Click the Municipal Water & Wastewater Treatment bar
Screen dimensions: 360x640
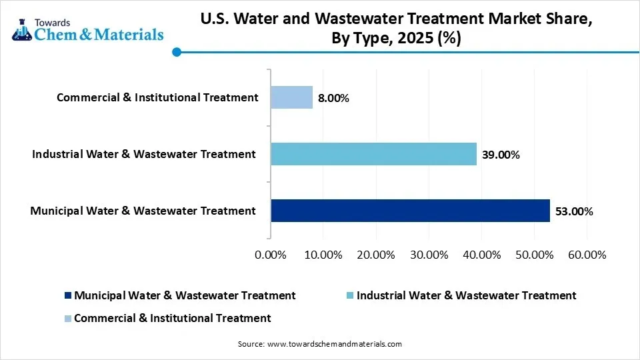[x=410, y=211]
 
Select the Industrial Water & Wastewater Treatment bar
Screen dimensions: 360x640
[x=373, y=154]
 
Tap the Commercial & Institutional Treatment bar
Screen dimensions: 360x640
[x=291, y=97]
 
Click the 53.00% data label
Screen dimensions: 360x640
[x=573, y=212]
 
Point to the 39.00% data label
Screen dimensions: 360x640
[x=500, y=155]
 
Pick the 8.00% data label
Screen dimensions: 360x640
[x=333, y=99]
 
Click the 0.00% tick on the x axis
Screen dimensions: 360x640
[x=270, y=255]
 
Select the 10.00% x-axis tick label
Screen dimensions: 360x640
[x=323, y=255]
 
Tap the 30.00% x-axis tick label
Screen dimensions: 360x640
[x=429, y=255]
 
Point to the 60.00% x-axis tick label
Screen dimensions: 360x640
[x=587, y=255]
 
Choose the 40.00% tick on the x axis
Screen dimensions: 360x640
[x=481, y=255]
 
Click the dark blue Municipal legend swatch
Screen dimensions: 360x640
[x=67, y=295]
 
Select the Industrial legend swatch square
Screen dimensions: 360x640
[x=350, y=295]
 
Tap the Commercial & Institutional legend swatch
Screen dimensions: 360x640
[x=67, y=319]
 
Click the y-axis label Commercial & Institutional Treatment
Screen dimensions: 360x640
[x=157, y=97]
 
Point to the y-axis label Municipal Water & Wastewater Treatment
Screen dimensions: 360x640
[x=143, y=211]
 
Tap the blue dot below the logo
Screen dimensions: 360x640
[x=176, y=52]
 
